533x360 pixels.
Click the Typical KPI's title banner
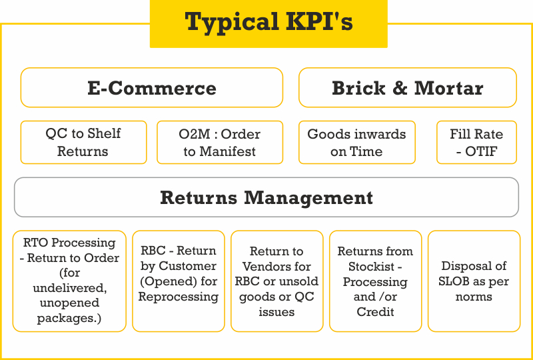(x=268, y=24)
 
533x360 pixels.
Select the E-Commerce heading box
(x=152, y=87)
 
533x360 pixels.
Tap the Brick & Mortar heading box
(x=408, y=87)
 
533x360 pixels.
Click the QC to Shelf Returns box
(x=84, y=142)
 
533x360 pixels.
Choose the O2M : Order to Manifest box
(x=220, y=142)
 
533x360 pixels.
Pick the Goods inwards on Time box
(x=357, y=142)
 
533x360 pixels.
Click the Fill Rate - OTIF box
(x=476, y=142)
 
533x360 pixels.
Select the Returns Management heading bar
(x=266, y=197)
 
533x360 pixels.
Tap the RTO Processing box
(x=69, y=281)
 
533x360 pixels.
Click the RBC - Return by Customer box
(x=179, y=281)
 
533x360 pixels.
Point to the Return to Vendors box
(x=276, y=281)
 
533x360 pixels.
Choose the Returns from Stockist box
(x=375, y=281)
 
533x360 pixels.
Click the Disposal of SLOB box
(x=474, y=281)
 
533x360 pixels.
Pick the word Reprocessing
(x=179, y=297)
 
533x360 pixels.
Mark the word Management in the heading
(x=308, y=198)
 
